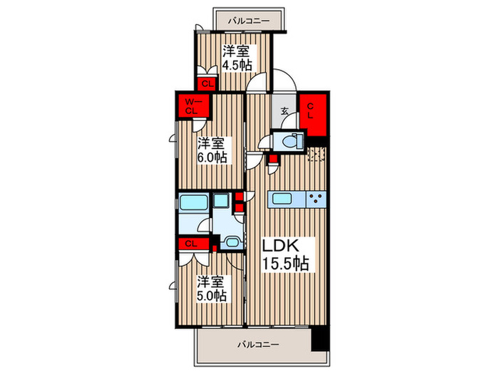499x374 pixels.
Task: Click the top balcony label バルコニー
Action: click(249, 21)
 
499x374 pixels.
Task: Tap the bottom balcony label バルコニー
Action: click(258, 344)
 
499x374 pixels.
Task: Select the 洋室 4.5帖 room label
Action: click(237, 58)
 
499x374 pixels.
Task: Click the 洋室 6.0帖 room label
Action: click(212, 150)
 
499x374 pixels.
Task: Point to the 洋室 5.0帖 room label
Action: click(212, 289)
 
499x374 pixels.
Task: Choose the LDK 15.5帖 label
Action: click(285, 254)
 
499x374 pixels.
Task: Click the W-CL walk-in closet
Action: click(194, 106)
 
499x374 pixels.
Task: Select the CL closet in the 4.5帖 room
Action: click(207, 84)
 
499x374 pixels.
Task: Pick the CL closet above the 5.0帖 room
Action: click(194, 244)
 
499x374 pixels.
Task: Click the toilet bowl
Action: click(291, 140)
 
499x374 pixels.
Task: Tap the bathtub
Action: click(194, 202)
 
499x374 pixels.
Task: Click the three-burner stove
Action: click(316, 199)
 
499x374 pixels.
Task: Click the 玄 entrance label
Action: click(284, 111)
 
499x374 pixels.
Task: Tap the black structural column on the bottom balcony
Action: click(320, 339)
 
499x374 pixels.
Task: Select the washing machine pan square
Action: click(221, 200)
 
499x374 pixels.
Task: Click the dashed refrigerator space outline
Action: click(317, 155)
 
